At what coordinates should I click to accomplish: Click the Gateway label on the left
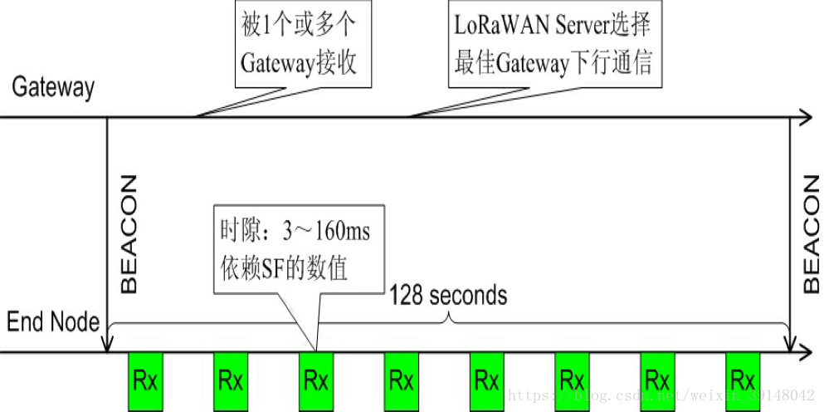[53, 87]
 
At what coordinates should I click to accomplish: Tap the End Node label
[53, 321]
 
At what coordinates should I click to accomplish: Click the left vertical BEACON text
[129, 233]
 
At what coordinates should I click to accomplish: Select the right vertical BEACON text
[812, 233]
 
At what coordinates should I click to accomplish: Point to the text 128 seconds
[448, 295]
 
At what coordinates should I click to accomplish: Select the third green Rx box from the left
[315, 381]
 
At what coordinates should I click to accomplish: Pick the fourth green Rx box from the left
[401, 381]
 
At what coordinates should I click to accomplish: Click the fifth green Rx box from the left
[486, 381]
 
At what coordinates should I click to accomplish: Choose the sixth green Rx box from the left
[572, 381]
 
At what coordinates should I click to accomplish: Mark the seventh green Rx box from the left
[657, 381]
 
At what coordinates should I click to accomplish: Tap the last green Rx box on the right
[742, 381]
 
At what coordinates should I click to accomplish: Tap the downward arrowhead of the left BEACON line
[108, 345]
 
